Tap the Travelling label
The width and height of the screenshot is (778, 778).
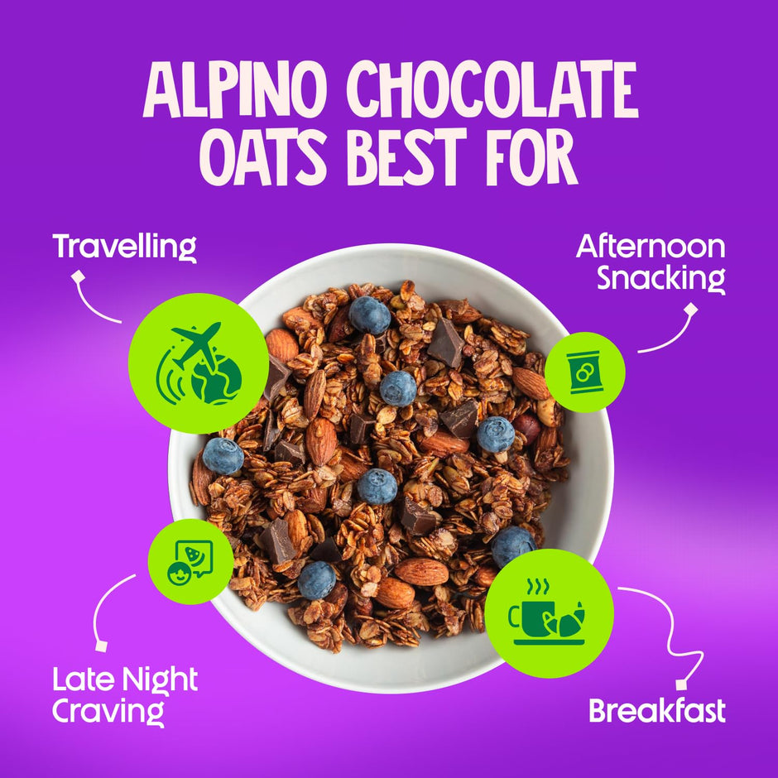(x=124, y=246)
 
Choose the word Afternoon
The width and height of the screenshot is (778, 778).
(x=651, y=246)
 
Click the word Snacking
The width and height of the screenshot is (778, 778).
(x=661, y=278)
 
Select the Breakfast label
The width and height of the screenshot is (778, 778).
(x=656, y=710)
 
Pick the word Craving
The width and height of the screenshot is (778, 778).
(x=108, y=710)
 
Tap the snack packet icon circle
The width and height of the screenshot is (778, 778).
(x=579, y=372)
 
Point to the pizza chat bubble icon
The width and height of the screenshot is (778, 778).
(x=190, y=560)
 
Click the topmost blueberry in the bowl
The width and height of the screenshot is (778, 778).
(x=369, y=315)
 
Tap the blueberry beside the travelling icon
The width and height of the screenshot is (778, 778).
(x=223, y=456)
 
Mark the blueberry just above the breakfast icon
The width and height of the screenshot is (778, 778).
(x=512, y=545)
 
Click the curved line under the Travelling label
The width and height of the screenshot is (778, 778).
(x=95, y=302)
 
